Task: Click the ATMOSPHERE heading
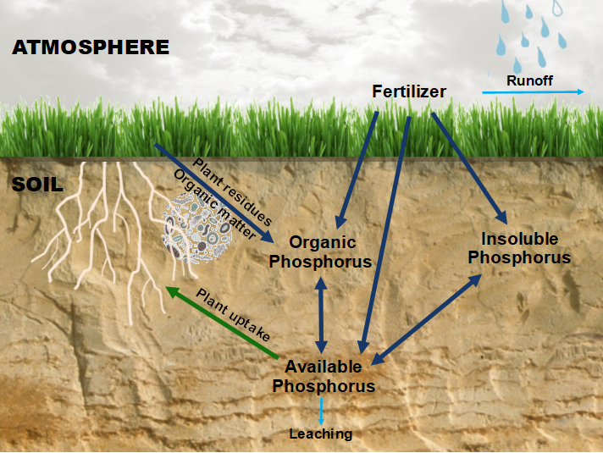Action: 91,47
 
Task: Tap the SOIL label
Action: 37,185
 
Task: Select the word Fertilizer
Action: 409,91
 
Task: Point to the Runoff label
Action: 529,80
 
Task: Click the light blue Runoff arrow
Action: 533,92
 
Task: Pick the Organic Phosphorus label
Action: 320,251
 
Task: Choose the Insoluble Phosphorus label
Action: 519,248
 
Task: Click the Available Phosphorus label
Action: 324,376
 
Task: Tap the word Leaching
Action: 321,434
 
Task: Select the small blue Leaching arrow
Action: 322,412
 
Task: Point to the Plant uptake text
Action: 233,315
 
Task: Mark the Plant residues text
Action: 232,191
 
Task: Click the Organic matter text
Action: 215,204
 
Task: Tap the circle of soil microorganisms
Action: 197,229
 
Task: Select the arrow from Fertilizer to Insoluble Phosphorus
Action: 469,168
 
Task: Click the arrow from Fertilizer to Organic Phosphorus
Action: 357,170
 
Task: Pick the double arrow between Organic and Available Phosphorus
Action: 321,315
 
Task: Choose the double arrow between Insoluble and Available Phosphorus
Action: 427,319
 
